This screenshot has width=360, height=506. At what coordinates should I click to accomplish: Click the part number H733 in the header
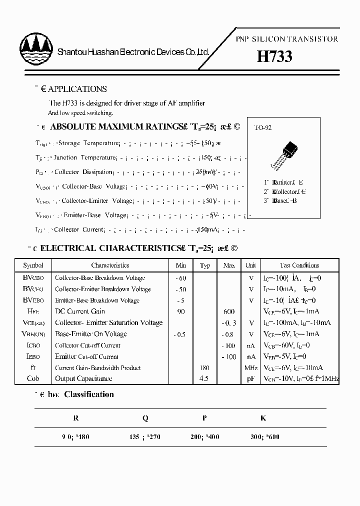[x=274, y=56]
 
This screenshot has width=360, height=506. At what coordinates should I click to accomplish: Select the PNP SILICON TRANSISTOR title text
[x=286, y=39]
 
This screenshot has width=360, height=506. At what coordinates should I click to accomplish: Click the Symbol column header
[x=33, y=265]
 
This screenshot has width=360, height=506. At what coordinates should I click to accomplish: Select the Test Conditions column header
[x=299, y=265]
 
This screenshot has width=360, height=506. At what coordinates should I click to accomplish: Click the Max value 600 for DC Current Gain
[x=229, y=311]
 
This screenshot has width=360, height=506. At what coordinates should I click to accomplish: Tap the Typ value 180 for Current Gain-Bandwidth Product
[x=204, y=367]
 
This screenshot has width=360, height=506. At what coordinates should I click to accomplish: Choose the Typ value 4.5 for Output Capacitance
[x=204, y=378]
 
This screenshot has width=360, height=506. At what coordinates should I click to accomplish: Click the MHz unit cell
[x=251, y=367]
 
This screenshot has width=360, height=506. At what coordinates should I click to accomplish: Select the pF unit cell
[x=251, y=378]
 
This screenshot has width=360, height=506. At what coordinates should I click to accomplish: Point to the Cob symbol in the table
[x=33, y=378]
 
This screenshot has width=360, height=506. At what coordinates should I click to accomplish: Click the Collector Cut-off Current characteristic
[x=87, y=345]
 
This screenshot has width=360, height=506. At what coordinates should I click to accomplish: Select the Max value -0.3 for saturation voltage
[x=229, y=323]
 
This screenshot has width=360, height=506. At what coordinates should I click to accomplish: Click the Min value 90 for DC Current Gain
[x=180, y=311]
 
